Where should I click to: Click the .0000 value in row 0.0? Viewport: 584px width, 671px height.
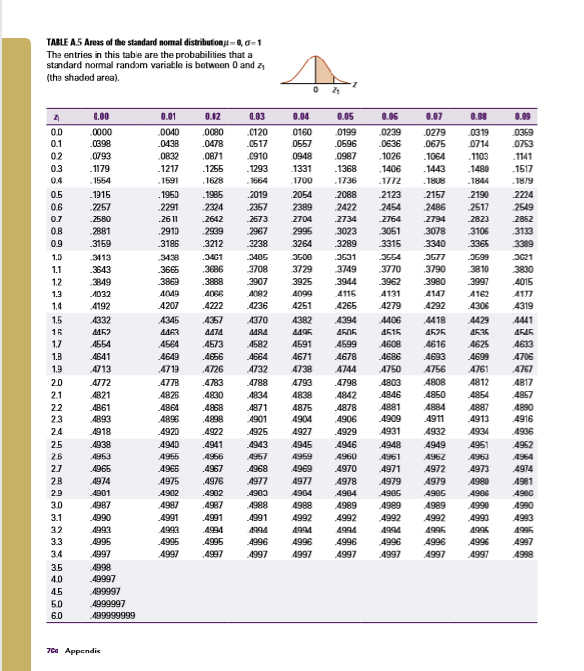pos(100,130)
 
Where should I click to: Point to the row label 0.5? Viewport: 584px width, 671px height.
pos(56,196)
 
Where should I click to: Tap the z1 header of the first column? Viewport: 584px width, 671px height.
pos(56,114)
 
